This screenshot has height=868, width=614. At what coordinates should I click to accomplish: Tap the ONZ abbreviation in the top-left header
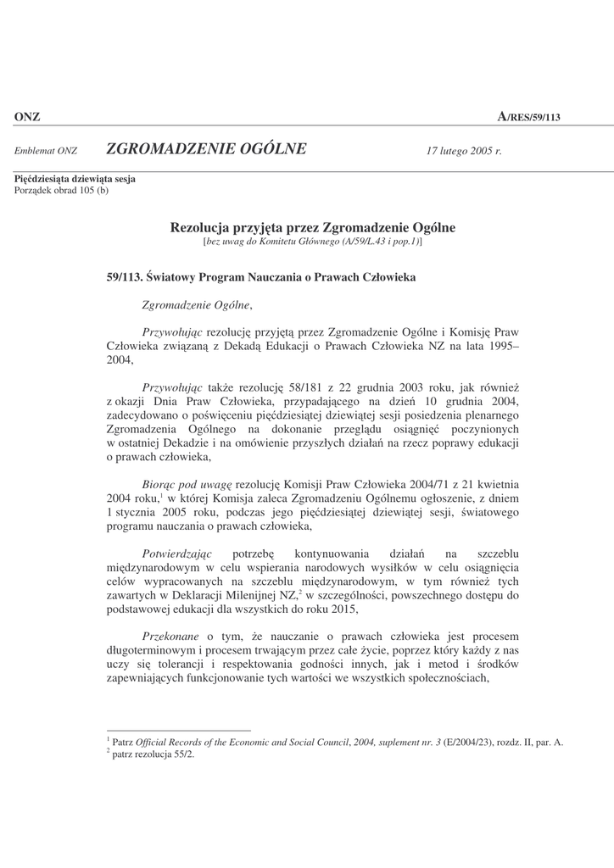tap(27, 117)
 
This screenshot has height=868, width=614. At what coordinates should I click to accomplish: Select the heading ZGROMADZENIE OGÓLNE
tap(207, 150)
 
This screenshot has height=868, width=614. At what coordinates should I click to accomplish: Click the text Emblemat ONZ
tap(46, 151)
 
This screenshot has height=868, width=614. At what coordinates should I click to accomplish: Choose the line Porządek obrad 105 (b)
tap(61, 190)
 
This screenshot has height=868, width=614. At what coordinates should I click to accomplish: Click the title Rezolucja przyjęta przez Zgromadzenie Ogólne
tap(313, 227)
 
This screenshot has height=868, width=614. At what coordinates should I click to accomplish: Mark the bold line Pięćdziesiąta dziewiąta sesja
tap(75, 179)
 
